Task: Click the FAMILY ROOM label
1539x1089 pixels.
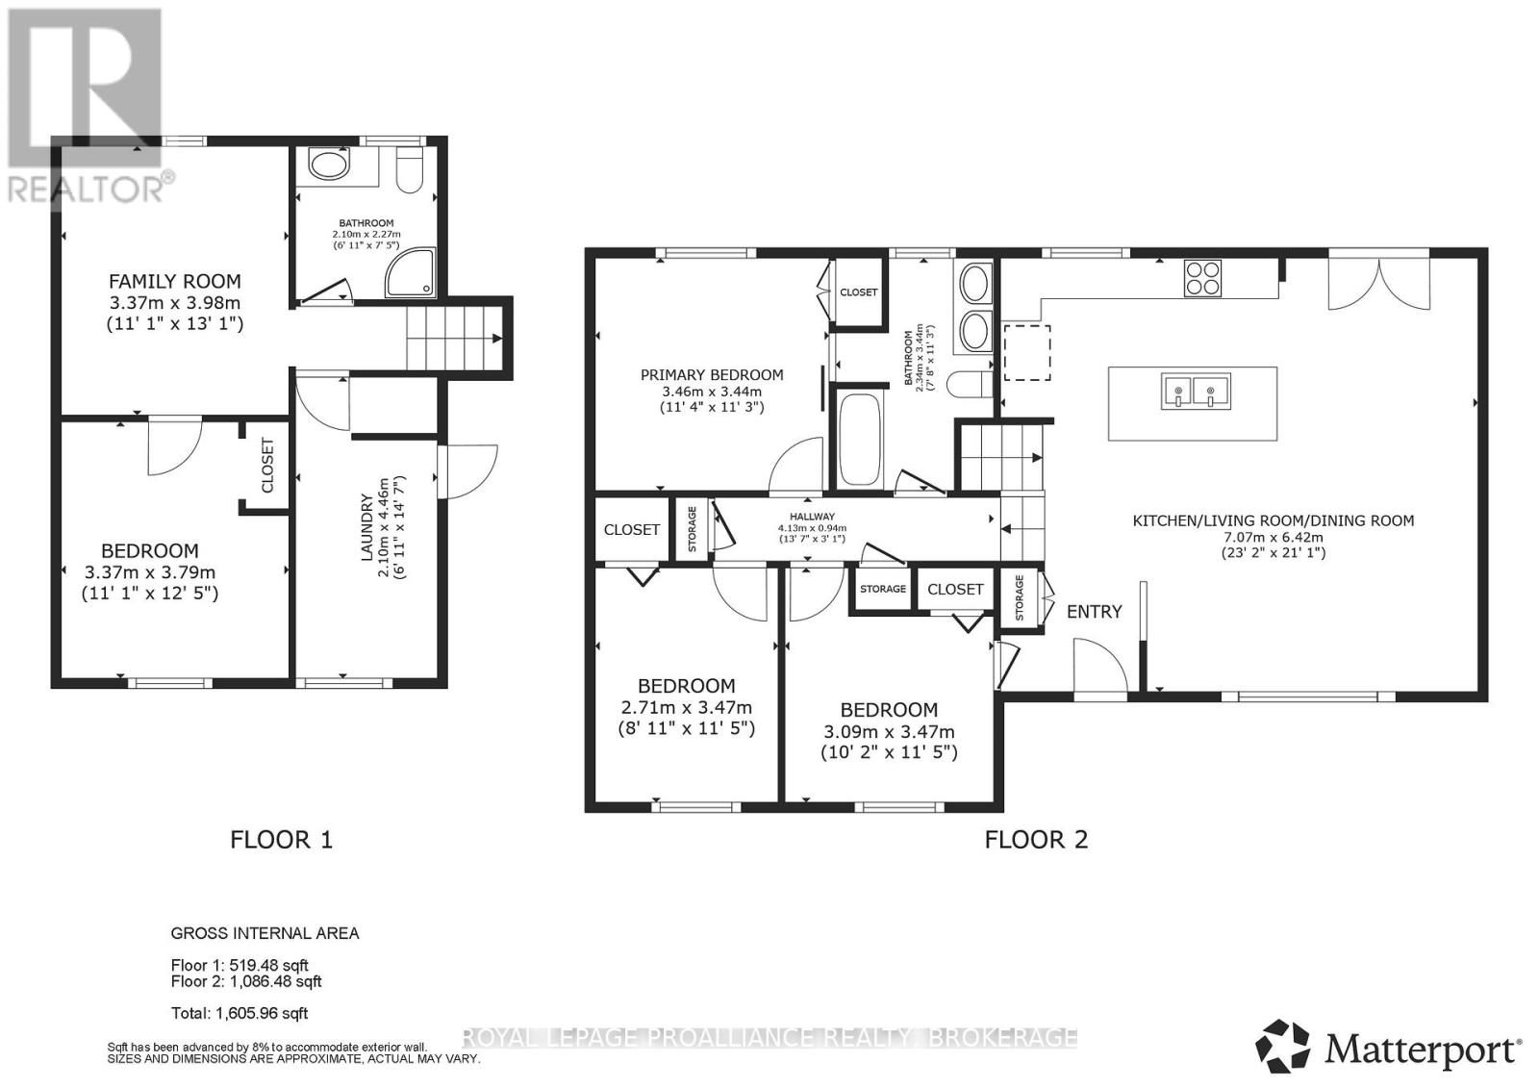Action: [174, 282]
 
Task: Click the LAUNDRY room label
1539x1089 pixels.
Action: [366, 527]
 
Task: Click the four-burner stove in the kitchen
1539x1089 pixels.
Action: [1202, 278]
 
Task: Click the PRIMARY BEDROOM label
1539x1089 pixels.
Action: [712, 375]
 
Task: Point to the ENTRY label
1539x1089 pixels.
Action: [1094, 612]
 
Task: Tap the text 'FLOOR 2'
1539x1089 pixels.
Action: [1036, 840]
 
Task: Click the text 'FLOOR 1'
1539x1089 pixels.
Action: [281, 840]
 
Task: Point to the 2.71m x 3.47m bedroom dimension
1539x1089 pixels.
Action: [685, 707]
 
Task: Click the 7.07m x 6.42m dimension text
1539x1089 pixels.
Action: [1273, 537]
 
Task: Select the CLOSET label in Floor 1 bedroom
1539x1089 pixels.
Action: [267, 465]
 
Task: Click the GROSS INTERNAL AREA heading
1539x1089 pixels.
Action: [265, 933]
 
